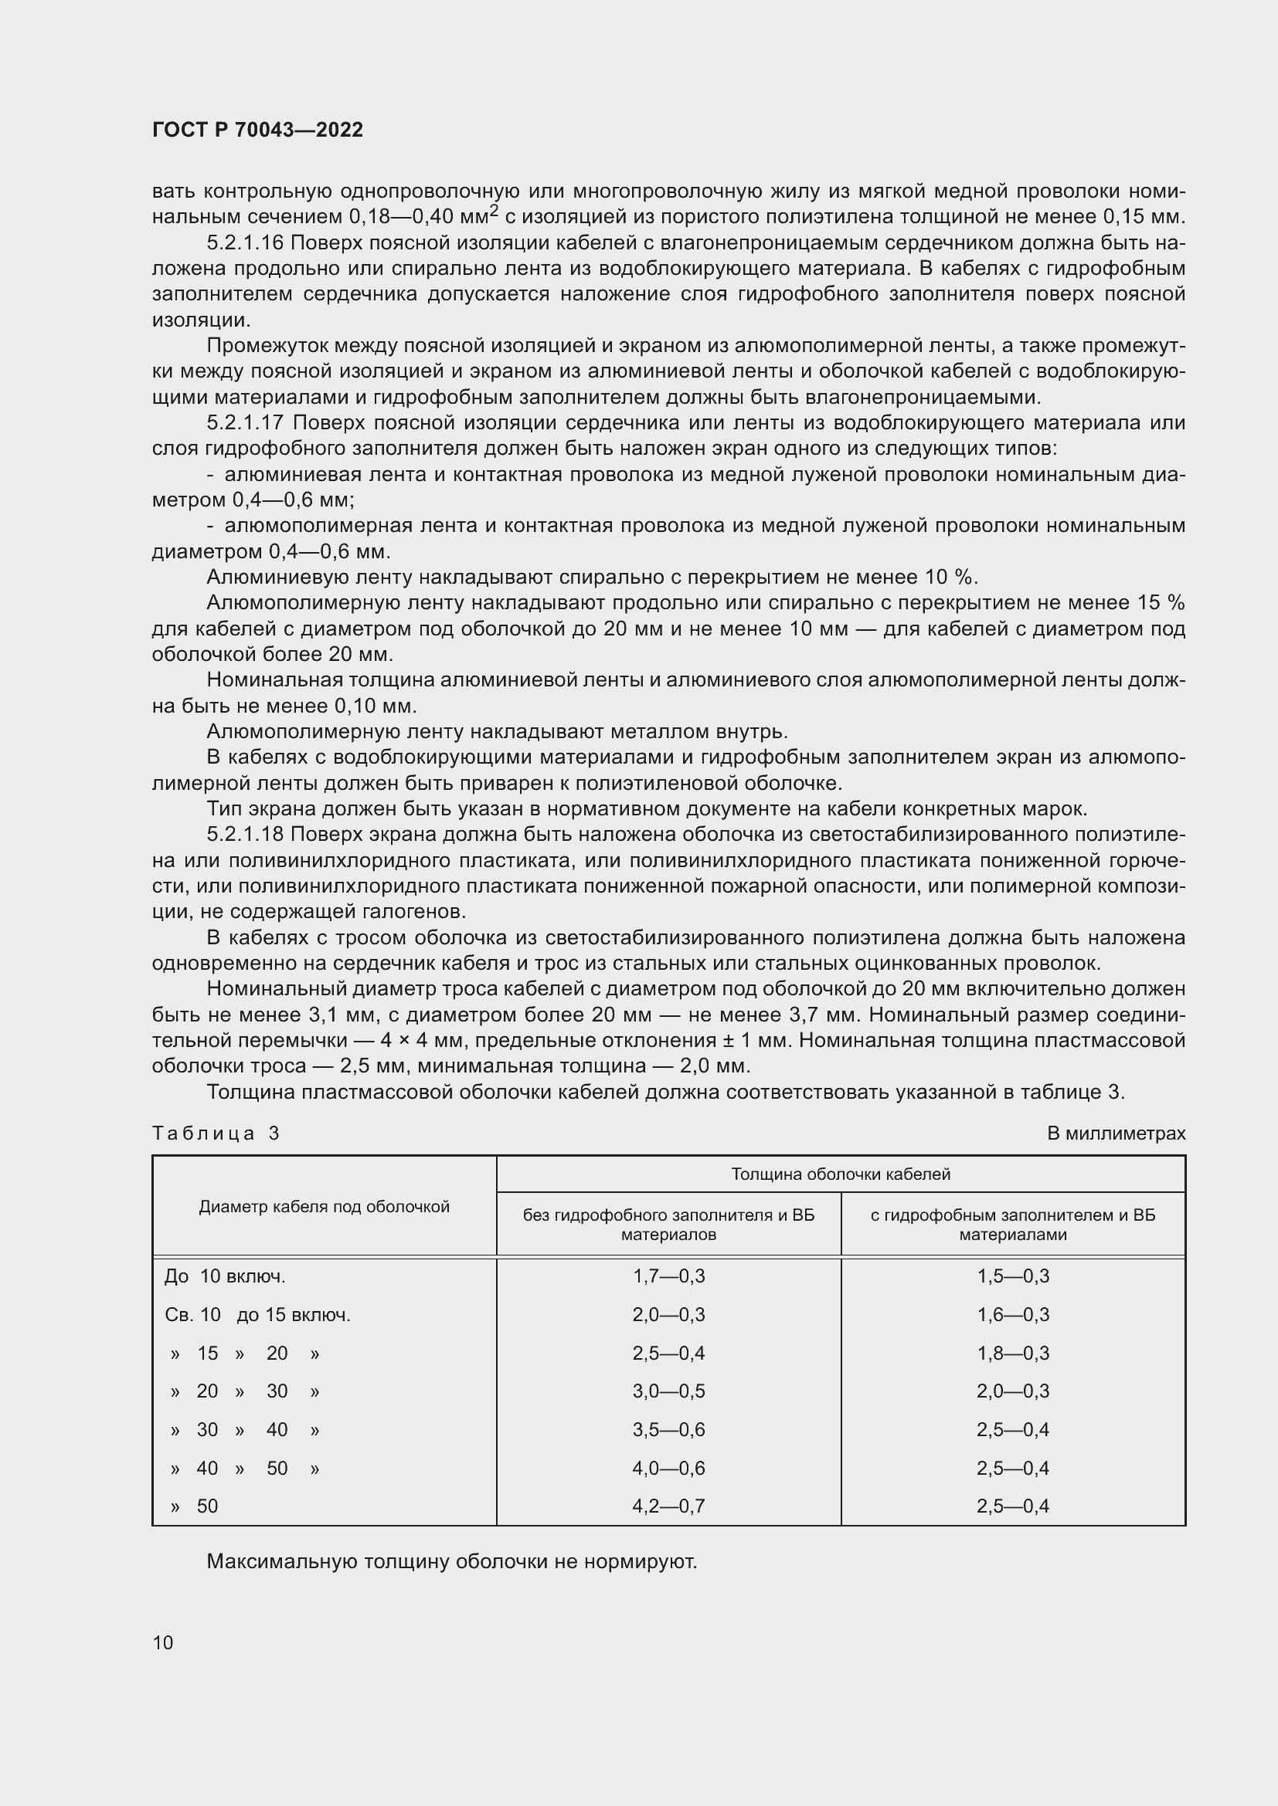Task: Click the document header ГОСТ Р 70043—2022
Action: (x=257, y=130)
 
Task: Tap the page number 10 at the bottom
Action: (x=163, y=1642)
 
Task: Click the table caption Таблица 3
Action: (x=216, y=1133)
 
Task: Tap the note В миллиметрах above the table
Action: (x=1115, y=1133)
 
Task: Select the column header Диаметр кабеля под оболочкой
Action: (x=324, y=1207)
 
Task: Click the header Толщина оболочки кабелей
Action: (x=841, y=1174)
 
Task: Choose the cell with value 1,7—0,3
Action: (x=668, y=1276)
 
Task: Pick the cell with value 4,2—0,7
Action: (x=668, y=1506)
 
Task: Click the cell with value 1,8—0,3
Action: (x=1013, y=1353)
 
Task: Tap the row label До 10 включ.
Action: (x=225, y=1276)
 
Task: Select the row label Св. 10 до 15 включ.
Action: (x=257, y=1314)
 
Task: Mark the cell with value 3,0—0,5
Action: (x=668, y=1391)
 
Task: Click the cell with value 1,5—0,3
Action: (x=1013, y=1276)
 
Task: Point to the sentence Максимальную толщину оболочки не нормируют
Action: (x=452, y=1561)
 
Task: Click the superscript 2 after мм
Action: (x=495, y=210)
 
